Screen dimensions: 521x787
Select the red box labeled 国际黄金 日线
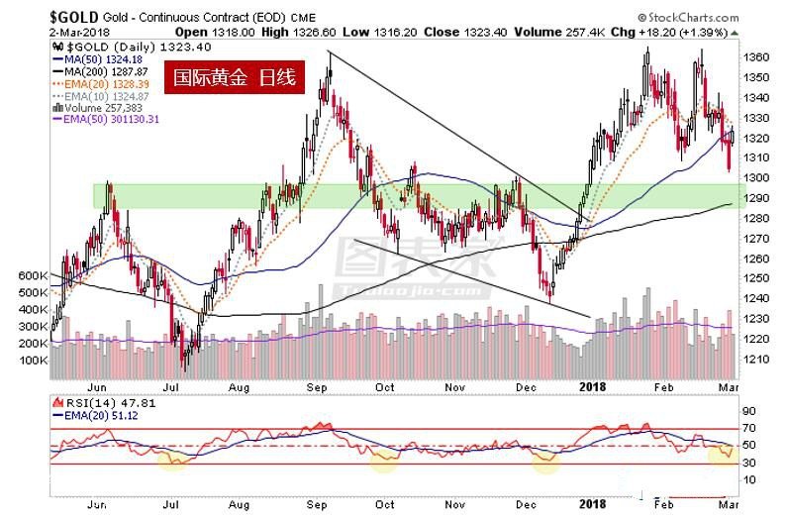tap(235, 76)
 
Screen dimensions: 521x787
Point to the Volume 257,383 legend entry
tap(99, 107)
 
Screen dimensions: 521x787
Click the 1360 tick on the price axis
tap(755, 57)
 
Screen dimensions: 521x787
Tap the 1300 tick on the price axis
tap(755, 178)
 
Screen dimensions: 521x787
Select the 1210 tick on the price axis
tap(755, 359)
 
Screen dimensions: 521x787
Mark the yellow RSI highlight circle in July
tap(174, 460)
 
